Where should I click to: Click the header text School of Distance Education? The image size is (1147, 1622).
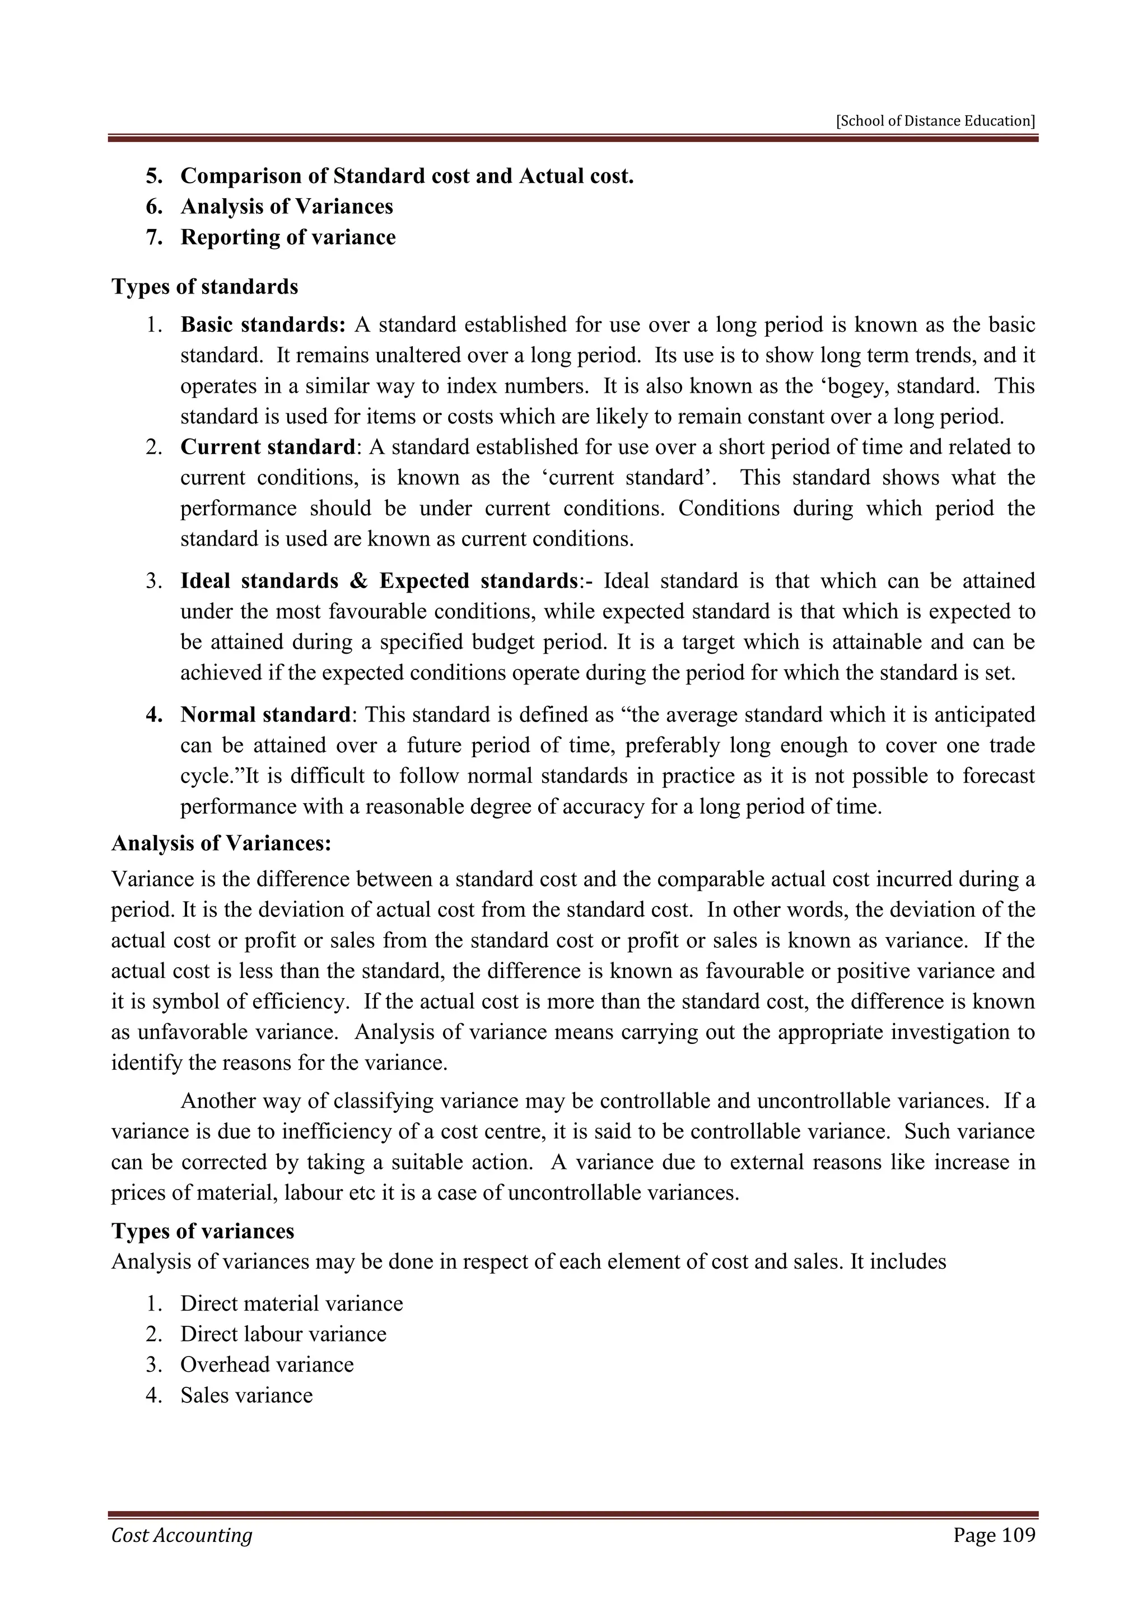coord(935,121)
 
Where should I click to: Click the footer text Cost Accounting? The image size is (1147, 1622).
coord(181,1536)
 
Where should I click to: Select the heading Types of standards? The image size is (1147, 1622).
coord(205,287)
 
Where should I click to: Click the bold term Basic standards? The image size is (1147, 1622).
coord(263,325)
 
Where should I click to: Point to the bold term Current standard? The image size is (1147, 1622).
coord(267,447)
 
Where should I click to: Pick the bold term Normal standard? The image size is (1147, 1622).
coord(265,714)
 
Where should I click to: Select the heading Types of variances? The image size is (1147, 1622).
coord(203,1231)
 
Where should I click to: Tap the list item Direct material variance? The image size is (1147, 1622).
coord(291,1303)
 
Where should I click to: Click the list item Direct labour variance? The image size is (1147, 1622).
coord(283,1334)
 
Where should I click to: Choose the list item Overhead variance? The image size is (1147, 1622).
coord(267,1364)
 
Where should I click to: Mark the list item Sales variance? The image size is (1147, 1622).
coord(246,1395)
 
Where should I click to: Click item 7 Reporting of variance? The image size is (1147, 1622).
coord(287,237)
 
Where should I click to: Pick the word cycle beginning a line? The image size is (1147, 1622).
coord(204,776)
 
